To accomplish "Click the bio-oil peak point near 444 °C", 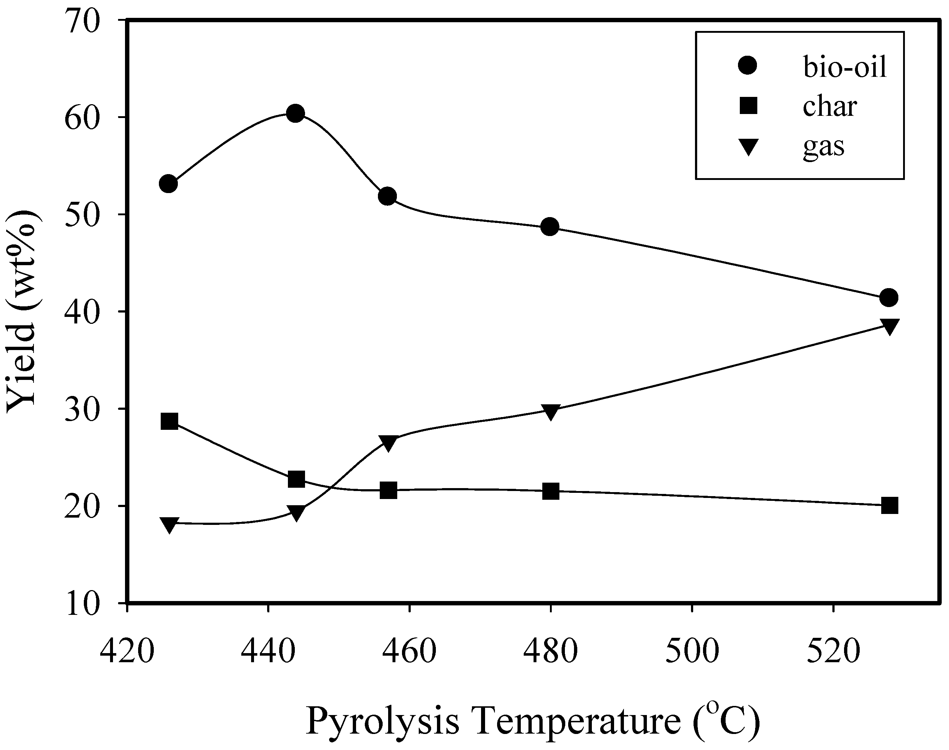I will tap(296, 114).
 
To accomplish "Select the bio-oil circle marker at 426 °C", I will tap(169, 184).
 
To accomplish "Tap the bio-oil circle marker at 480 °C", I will tap(550, 227).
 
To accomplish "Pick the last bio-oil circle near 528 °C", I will tap(889, 298).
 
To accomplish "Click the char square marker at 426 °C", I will tap(169, 421).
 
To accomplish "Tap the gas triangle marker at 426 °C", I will tap(169, 524).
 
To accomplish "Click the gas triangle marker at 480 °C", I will tap(550, 412).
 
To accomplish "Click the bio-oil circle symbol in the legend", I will tap(748, 66).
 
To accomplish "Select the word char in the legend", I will tap(829, 107).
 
